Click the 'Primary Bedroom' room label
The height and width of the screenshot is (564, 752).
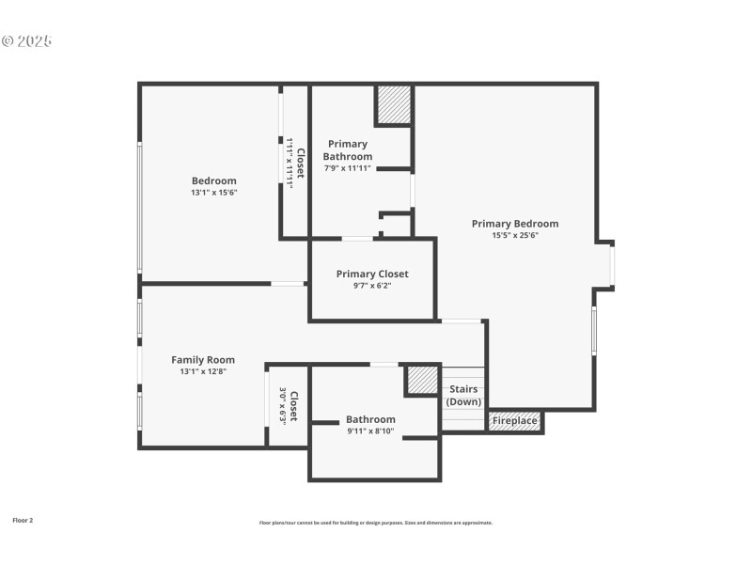coord(514,224)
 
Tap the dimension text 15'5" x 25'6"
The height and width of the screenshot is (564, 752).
coord(514,236)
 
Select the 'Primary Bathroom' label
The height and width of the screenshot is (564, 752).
coord(348,150)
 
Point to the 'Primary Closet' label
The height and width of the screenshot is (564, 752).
coord(372,274)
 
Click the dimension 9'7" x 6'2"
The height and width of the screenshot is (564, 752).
coord(372,286)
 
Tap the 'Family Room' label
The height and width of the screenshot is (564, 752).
coord(203,360)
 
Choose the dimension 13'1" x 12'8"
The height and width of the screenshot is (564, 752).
coord(203,371)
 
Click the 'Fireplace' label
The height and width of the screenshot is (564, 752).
coord(516,421)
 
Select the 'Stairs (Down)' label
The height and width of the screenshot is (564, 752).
coord(463,396)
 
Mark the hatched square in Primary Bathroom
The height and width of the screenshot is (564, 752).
coord(394,104)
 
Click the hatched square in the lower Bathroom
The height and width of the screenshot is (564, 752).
coord(422,381)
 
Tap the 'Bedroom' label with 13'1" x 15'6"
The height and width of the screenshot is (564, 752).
coord(214,180)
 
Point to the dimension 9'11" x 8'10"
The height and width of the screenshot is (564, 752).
coord(370,431)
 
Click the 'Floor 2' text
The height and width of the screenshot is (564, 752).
coord(23,520)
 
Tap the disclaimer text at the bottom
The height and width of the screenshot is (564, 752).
coord(375,523)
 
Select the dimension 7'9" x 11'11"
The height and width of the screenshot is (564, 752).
coord(348,168)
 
